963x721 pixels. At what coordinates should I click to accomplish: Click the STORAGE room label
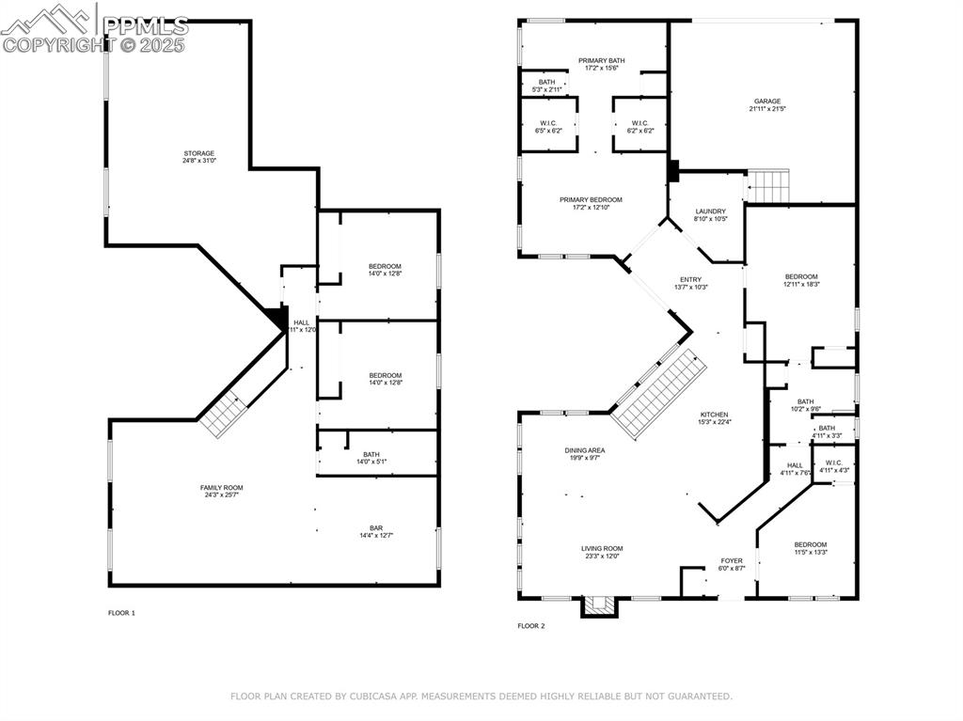(x=198, y=153)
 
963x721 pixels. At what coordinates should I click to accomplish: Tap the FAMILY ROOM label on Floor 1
(x=221, y=487)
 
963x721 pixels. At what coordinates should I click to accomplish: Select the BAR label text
(x=375, y=528)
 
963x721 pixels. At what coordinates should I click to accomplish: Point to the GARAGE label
(x=766, y=102)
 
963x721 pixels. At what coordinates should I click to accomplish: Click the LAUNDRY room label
(x=710, y=212)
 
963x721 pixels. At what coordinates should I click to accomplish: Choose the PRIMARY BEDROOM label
(x=591, y=199)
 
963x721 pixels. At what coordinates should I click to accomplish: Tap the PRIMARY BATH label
(x=601, y=60)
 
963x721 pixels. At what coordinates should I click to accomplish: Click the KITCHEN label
(x=714, y=415)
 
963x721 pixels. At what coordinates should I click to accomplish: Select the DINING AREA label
(x=584, y=450)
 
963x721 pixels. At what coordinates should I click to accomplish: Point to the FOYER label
(x=732, y=560)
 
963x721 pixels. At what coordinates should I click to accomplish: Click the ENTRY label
(x=690, y=279)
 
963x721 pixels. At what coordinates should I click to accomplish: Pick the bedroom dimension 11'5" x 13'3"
(x=810, y=553)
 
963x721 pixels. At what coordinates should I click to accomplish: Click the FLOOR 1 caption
(x=121, y=613)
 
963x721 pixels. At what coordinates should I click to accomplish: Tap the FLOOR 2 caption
(x=530, y=626)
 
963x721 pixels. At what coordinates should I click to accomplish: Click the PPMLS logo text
(x=145, y=25)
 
